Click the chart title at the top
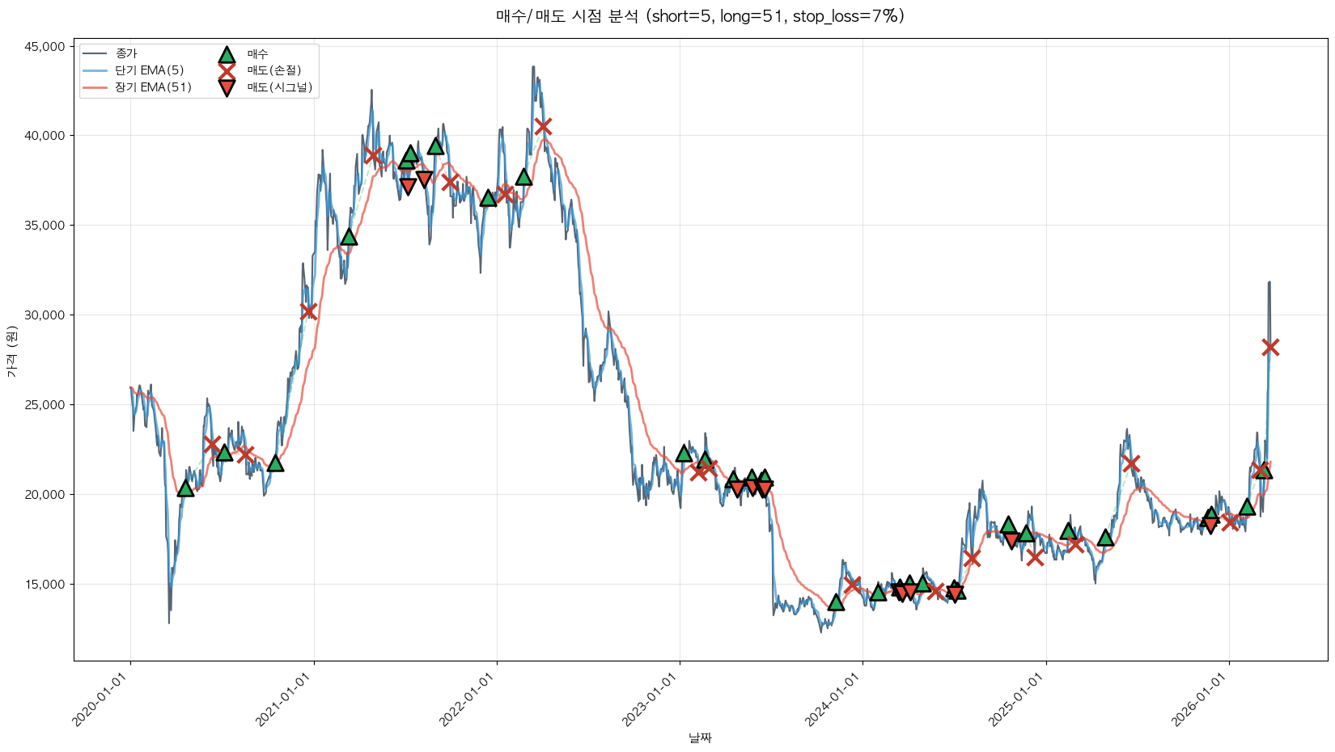click(x=700, y=16)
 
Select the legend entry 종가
click(x=126, y=53)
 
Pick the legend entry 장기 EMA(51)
click(x=153, y=87)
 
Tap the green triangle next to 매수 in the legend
click(x=227, y=54)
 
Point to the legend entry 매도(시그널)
click(x=279, y=87)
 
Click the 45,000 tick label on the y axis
click(x=45, y=47)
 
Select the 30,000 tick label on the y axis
click(x=45, y=315)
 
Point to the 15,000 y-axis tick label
click(x=45, y=585)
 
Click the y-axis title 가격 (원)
click(x=11, y=352)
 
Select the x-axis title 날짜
click(x=700, y=737)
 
